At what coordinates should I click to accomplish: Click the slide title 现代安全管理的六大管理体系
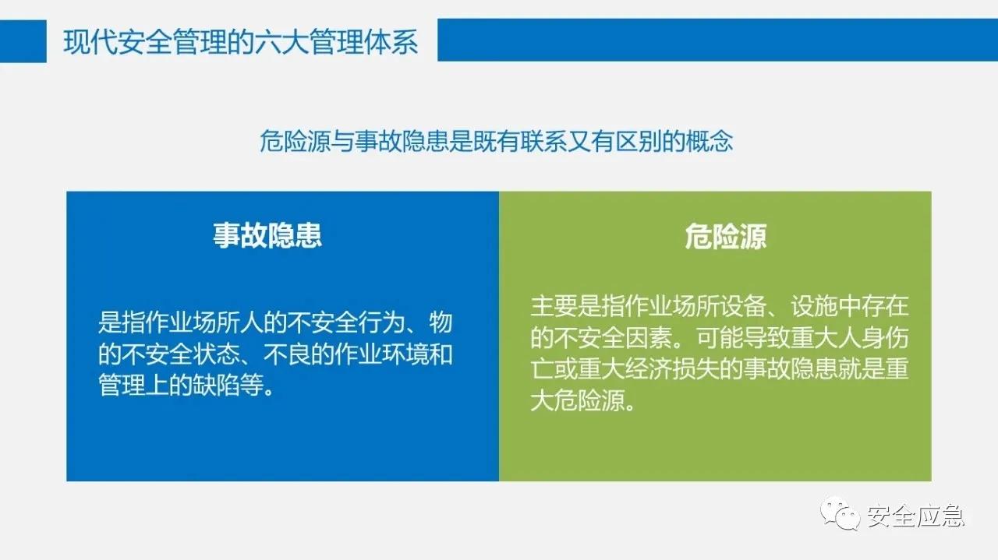click(x=240, y=41)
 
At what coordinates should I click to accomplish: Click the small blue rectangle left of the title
click(x=23, y=41)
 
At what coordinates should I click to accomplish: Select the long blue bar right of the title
click(x=717, y=40)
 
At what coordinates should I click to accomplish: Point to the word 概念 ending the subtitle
click(x=710, y=142)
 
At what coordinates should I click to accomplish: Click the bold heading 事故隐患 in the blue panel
click(x=267, y=236)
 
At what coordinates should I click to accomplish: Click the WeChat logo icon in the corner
click(x=841, y=515)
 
